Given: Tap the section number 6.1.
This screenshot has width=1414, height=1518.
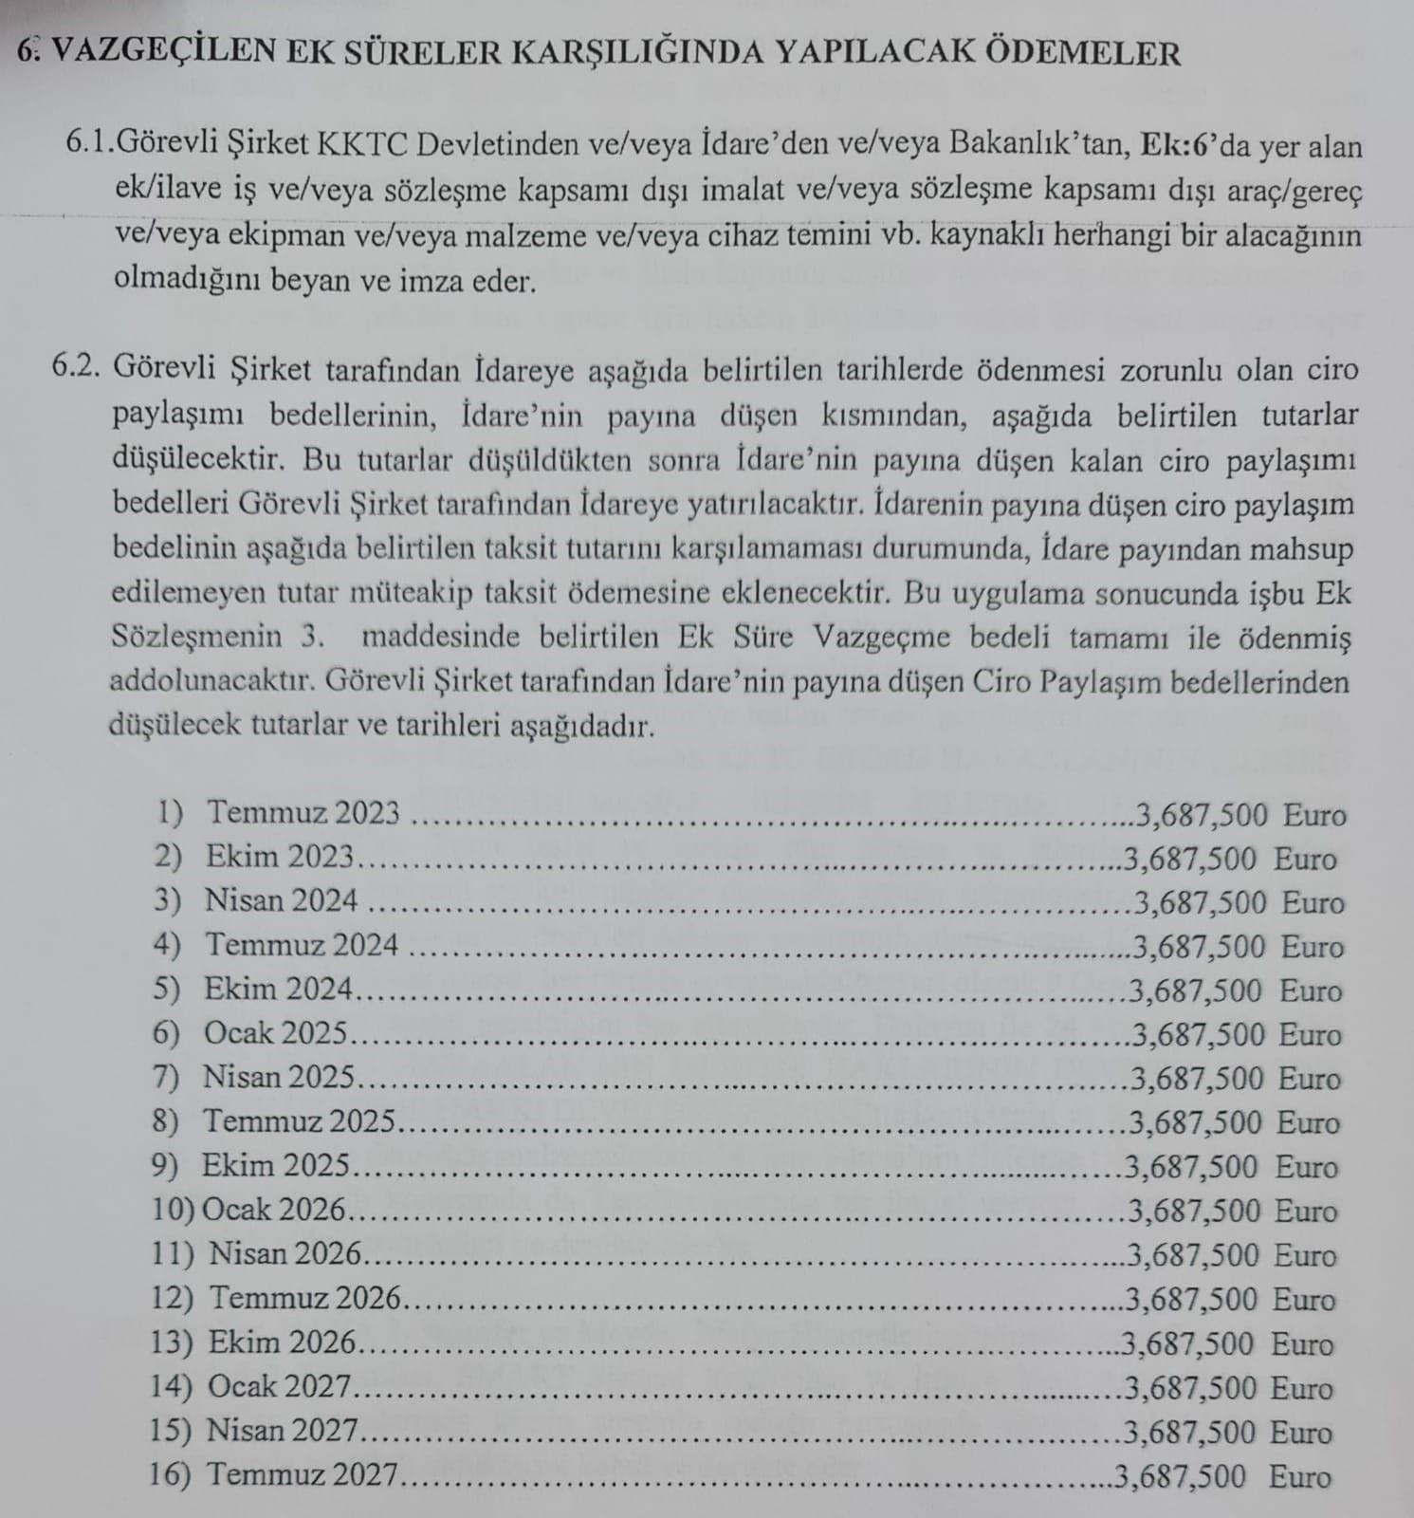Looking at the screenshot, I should [89, 145].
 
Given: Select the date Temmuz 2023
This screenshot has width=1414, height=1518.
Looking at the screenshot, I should [303, 813].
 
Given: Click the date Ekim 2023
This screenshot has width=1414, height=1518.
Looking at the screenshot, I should [279, 857].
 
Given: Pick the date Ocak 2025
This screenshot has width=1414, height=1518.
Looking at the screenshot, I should [275, 1033].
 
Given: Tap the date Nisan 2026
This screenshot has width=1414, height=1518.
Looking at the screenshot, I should [285, 1254].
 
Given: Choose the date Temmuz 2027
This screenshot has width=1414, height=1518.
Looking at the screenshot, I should [302, 1475].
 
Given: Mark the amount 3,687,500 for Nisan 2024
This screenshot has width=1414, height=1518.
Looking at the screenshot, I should [1200, 901].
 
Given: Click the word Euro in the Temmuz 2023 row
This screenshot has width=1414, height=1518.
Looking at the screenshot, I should [1314, 815].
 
